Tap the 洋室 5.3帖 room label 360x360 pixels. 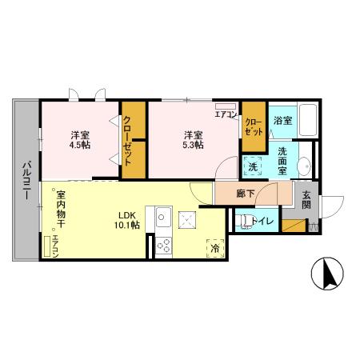(x=192, y=139)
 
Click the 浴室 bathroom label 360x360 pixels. (x=282, y=120)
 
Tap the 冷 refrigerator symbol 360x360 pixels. (x=215, y=249)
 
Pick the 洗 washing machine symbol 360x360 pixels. (x=253, y=166)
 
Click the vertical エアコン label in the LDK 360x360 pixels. (x=55, y=246)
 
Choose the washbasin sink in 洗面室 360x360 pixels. (x=305, y=166)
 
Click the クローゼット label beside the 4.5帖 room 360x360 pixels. (x=127, y=141)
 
